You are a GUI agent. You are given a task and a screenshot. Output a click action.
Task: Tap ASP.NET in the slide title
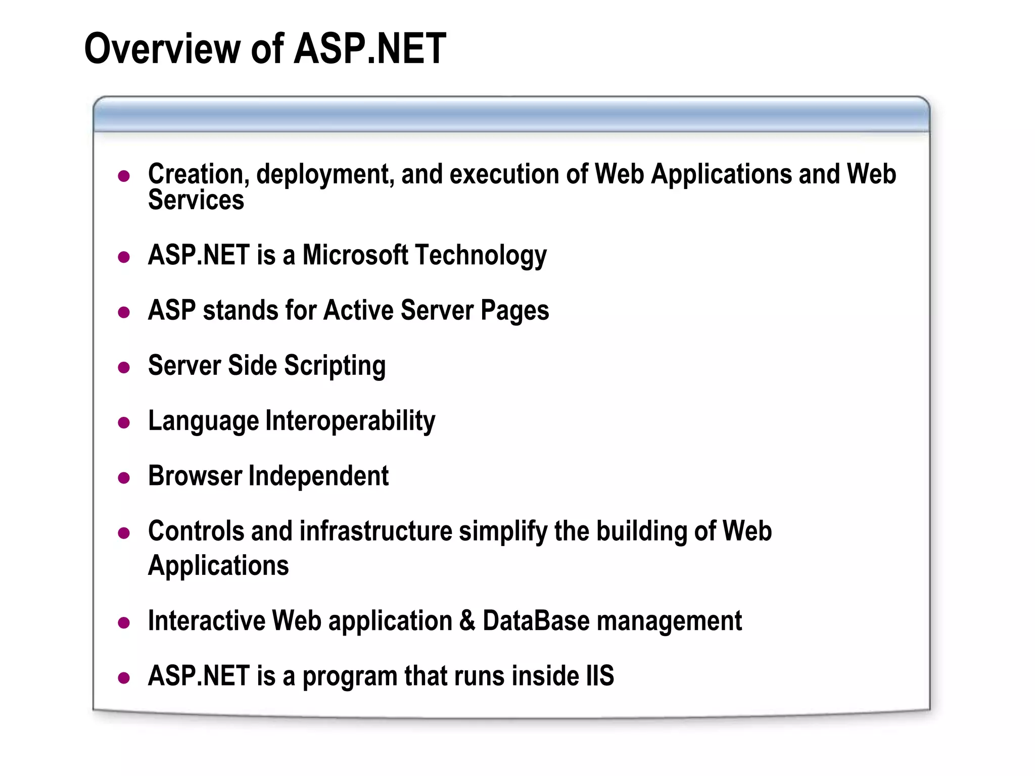click(x=370, y=48)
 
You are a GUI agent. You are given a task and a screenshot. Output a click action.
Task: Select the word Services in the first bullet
click(x=196, y=200)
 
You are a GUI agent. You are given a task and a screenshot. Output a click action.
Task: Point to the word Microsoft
click(x=355, y=255)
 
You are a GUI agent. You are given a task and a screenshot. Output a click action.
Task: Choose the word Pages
click(x=514, y=311)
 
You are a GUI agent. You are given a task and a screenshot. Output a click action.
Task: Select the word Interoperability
click(x=350, y=421)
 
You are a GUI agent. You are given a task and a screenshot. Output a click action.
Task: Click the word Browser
click(x=195, y=476)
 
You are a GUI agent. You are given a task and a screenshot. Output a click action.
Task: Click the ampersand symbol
click(x=467, y=620)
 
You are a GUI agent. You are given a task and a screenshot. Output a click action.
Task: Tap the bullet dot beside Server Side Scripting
click(x=124, y=367)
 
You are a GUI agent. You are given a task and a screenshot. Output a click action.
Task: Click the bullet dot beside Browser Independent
click(x=124, y=478)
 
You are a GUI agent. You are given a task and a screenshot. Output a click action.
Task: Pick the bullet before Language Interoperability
click(x=124, y=422)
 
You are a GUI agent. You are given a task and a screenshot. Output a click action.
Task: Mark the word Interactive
click(x=206, y=620)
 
